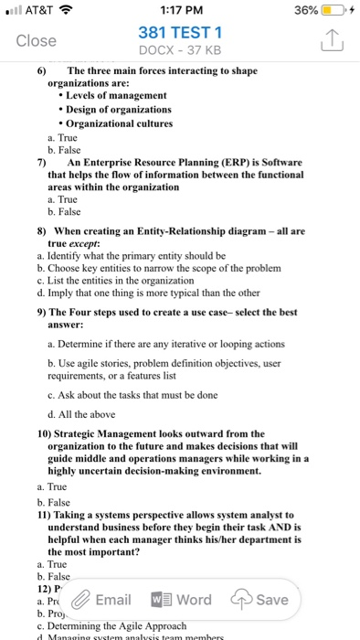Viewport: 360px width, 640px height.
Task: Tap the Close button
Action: [37, 40]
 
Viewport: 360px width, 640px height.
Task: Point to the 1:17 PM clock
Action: [179, 10]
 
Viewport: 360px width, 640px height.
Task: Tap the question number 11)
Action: [48, 517]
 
